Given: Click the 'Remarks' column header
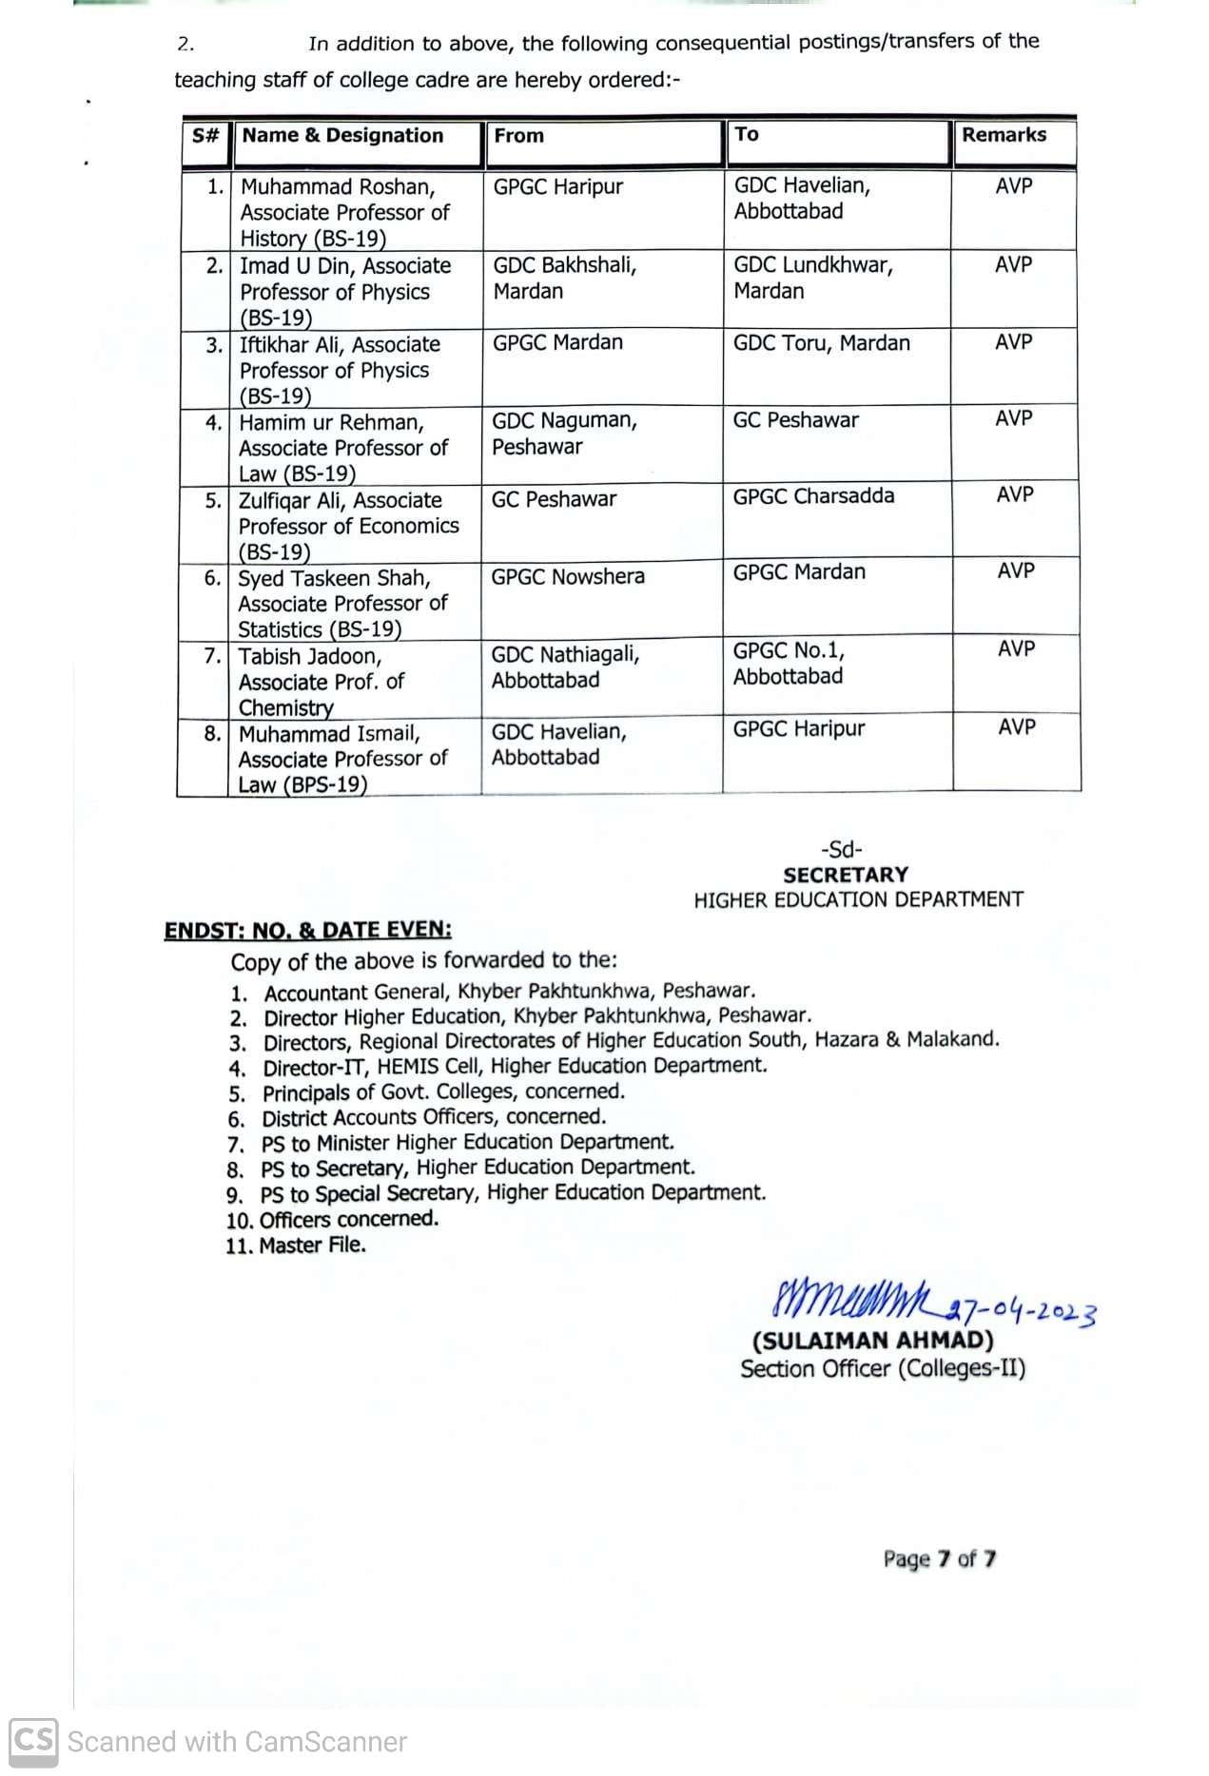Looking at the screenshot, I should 1004,135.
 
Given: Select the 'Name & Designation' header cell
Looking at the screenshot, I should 342,136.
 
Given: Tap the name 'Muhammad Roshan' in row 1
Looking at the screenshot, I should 337,187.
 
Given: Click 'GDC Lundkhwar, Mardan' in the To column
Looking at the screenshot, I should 812,278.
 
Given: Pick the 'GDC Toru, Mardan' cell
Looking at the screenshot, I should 821,343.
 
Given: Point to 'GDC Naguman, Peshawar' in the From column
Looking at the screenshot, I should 564,434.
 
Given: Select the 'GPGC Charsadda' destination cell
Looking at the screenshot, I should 813,496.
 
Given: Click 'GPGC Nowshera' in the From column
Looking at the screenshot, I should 568,576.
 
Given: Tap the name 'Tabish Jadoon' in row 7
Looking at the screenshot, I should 310,656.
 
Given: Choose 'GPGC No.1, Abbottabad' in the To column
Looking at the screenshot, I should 789,664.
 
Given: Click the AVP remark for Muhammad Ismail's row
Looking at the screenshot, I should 1017,727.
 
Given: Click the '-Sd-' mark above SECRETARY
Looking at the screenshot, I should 842,850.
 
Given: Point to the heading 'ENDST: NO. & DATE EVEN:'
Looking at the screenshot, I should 308,931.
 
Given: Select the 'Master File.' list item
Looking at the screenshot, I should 312,1245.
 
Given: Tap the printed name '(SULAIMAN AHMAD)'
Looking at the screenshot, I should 872,1341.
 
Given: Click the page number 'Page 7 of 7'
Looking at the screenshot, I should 939,1559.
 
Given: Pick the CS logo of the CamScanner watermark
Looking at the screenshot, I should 34,1742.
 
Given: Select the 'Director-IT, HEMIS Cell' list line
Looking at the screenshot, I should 515,1067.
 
